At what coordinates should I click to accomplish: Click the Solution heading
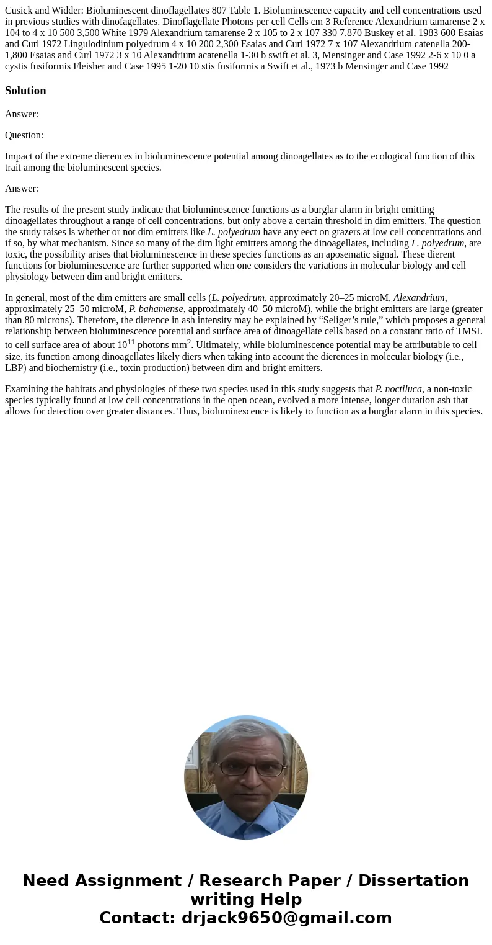click(25, 91)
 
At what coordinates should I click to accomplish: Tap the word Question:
click(24, 135)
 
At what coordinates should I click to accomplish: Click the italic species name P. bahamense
click(156, 309)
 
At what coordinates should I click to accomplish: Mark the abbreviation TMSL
click(470, 331)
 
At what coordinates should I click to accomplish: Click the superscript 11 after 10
click(131, 342)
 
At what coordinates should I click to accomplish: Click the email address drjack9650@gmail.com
click(286, 918)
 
